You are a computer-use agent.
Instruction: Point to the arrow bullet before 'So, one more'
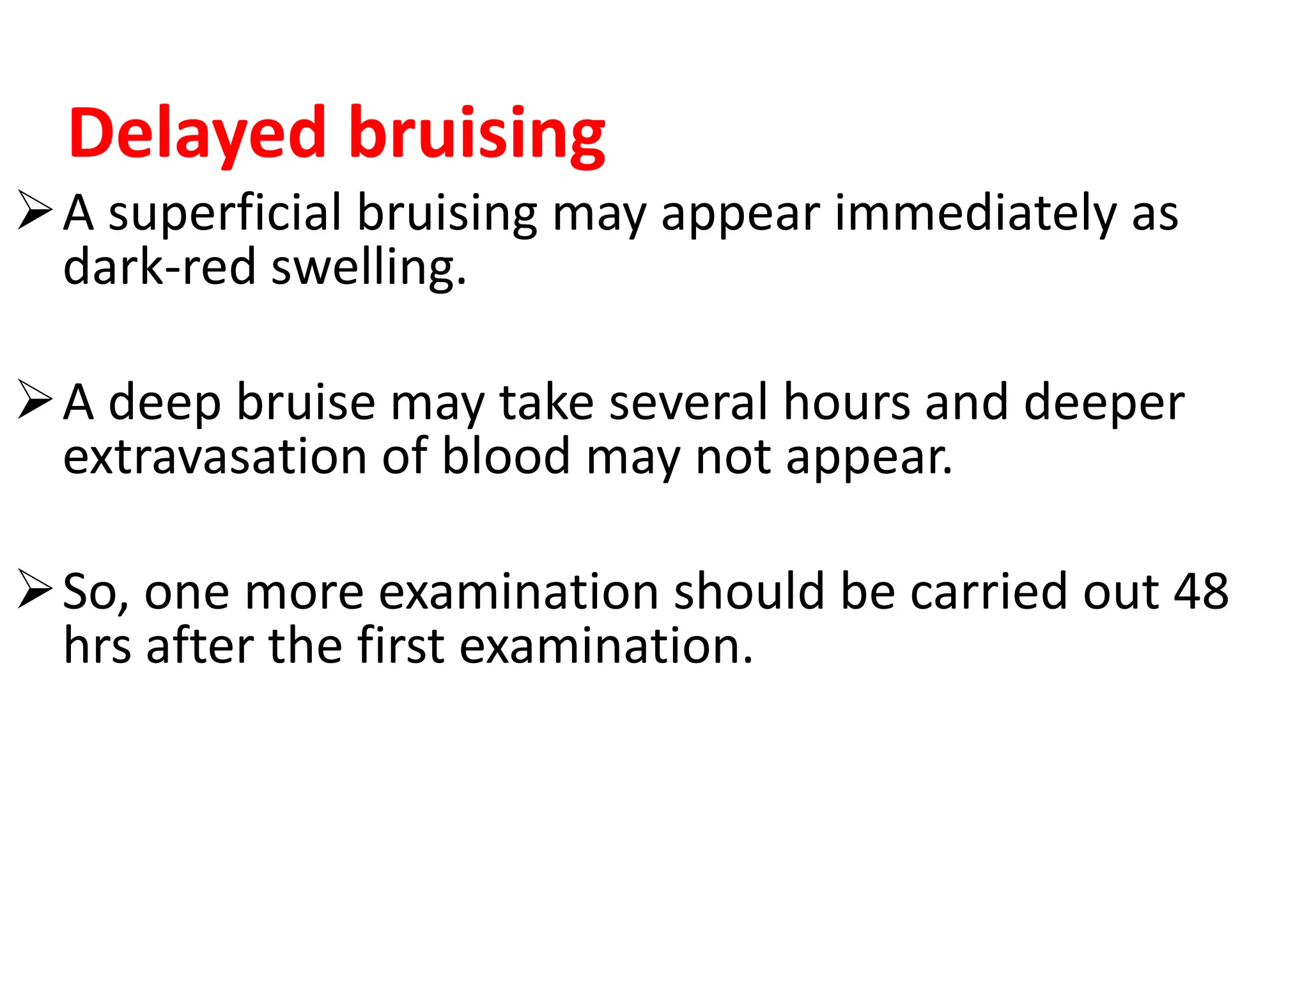tap(35, 589)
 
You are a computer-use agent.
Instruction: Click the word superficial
tap(224, 214)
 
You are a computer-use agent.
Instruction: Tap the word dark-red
tap(159, 267)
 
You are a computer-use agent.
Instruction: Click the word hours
tap(847, 403)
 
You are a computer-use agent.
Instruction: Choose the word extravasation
tap(215, 456)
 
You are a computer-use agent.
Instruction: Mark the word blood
tap(506, 456)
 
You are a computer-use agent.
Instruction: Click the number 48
tap(1201, 591)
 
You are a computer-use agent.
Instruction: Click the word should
tap(748, 591)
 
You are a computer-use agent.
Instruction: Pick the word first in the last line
tap(400, 646)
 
